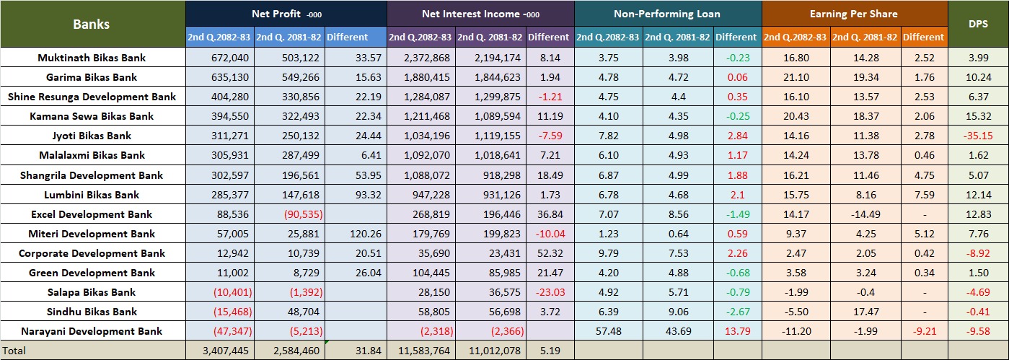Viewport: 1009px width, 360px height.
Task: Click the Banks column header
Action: tap(92, 25)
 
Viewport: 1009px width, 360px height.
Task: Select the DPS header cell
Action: tap(979, 25)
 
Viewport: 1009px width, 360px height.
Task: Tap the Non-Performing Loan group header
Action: tap(667, 14)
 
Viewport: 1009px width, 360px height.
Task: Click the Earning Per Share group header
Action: tap(854, 14)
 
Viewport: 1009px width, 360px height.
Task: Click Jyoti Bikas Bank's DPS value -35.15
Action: tap(978, 136)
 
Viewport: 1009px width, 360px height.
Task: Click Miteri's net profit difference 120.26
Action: tap(354, 234)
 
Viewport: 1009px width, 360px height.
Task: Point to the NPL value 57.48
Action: tap(609, 331)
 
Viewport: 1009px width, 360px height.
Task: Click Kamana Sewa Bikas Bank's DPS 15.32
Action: tap(978, 116)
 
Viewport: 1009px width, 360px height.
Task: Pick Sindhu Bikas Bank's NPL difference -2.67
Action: tap(736, 312)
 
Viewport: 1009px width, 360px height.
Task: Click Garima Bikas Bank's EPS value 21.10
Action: tap(796, 77)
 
